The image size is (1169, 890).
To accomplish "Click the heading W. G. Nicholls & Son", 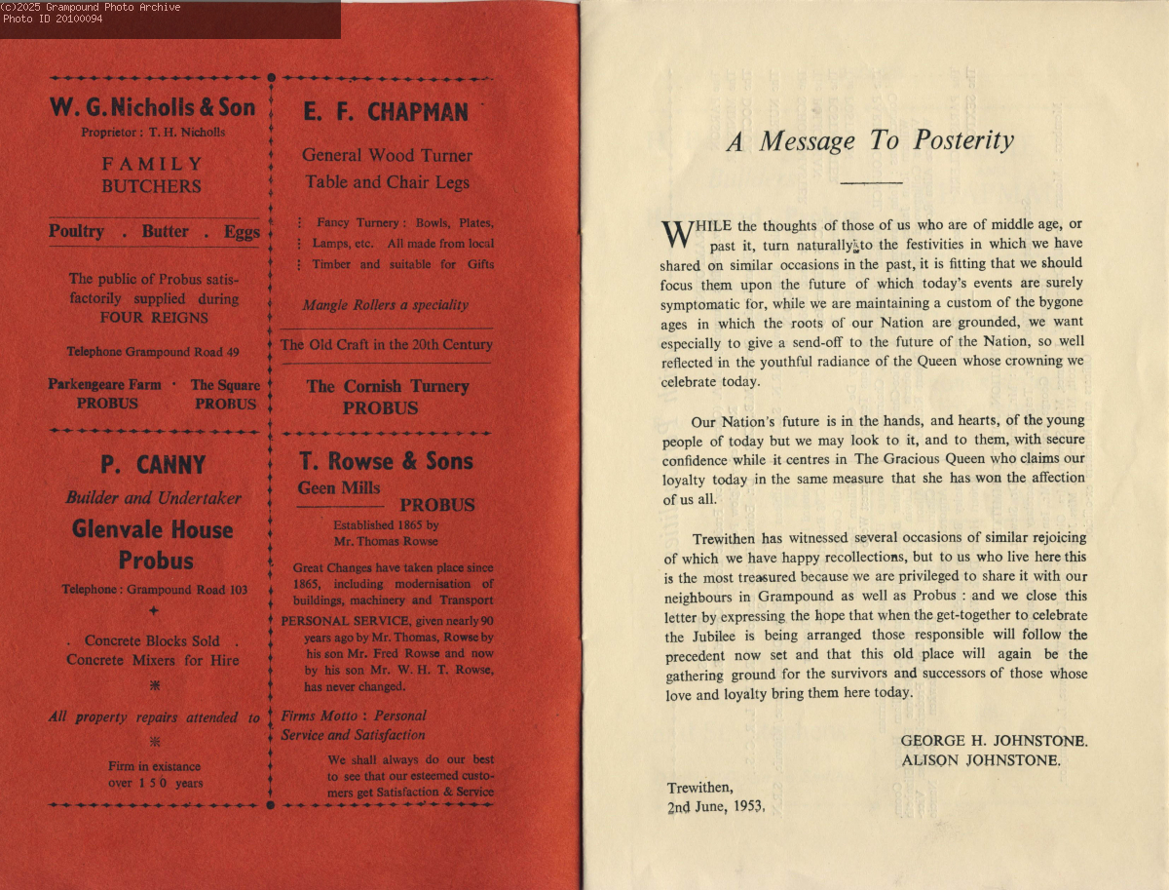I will [152, 107].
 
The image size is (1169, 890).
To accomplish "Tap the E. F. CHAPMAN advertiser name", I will [386, 112].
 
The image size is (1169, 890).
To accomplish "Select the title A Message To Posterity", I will [870, 141].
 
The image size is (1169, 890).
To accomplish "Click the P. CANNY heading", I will [153, 465].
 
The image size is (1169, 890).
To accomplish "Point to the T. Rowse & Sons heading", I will [386, 461].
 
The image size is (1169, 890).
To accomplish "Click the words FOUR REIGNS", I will [154, 317].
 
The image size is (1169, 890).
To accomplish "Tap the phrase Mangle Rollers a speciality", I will [386, 305].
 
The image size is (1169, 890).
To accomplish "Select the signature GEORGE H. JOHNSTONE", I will [994, 741].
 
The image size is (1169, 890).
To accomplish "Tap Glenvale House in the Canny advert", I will [153, 530].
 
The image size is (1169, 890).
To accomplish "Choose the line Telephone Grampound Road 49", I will [153, 352].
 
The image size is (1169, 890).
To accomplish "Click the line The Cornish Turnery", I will [387, 386].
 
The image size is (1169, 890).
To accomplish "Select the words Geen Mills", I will [339, 488].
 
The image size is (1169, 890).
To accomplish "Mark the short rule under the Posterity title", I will [871, 182].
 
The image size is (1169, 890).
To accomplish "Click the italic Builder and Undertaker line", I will [153, 498].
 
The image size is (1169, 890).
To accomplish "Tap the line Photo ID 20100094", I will [53, 19].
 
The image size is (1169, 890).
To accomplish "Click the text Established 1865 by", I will [386, 524].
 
